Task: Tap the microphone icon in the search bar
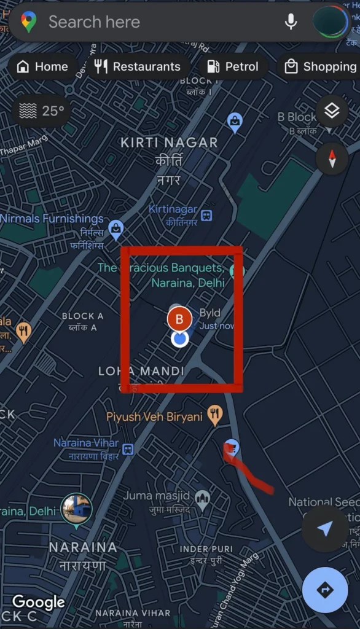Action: [291, 22]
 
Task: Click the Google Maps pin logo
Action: [28, 22]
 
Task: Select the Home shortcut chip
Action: [42, 66]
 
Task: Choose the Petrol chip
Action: [233, 66]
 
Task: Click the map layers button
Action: [332, 111]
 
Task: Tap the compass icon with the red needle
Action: [332, 158]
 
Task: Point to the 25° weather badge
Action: [42, 111]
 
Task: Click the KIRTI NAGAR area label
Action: [169, 143]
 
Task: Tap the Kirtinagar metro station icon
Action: [207, 216]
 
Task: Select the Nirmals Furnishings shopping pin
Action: [115, 230]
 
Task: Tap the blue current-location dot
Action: [179, 338]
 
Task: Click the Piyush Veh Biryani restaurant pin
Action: [214, 415]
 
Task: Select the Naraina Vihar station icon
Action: [128, 450]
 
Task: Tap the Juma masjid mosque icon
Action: [202, 497]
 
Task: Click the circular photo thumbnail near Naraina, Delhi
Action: [76, 509]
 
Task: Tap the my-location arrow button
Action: [325, 529]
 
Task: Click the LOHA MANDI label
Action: [141, 371]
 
